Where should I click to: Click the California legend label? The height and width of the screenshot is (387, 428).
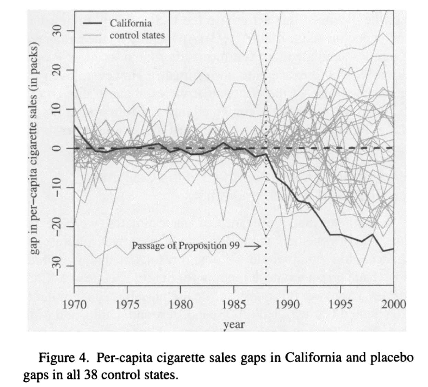tap(131, 23)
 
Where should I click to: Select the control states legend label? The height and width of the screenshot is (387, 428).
tap(137, 35)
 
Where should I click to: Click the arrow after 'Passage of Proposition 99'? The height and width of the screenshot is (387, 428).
tap(252, 246)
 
